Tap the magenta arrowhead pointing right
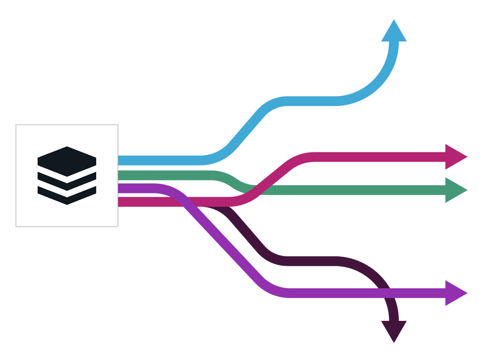pos(455,157)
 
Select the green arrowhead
pos(455,190)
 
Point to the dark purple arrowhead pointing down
pos(394,330)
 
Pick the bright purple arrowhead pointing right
pos(455,293)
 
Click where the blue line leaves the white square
pos(120,160)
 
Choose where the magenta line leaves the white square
pos(120,202)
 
